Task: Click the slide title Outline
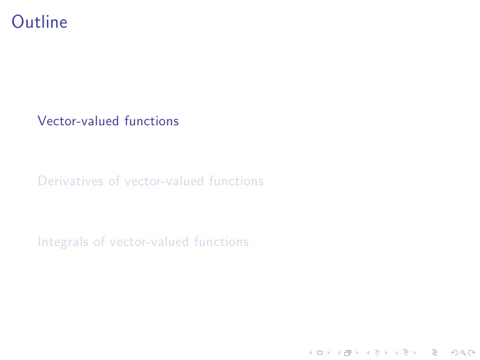point(40,22)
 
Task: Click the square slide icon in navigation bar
point(320,353)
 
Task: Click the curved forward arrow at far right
point(464,353)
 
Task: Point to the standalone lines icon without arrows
point(434,353)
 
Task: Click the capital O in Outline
point(17,22)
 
